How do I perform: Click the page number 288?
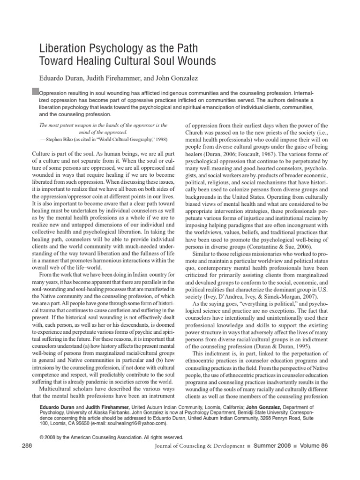coord(28,445)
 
